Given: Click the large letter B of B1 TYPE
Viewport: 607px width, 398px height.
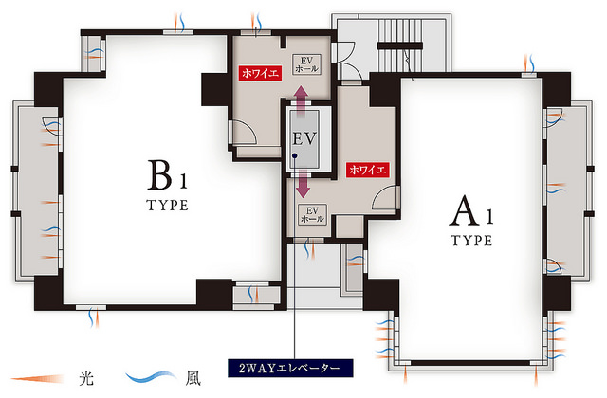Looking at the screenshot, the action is pyautogui.click(x=159, y=174).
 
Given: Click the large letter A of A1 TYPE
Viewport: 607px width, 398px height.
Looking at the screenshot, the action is pyautogui.click(x=465, y=210).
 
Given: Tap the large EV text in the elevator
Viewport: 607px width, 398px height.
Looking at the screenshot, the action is pyautogui.click(x=304, y=139).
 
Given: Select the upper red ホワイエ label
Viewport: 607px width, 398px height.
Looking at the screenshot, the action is pyautogui.click(x=260, y=73).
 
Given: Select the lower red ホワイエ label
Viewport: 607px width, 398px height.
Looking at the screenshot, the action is pyautogui.click(x=367, y=170).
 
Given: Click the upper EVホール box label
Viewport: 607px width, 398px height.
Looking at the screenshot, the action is pyautogui.click(x=306, y=64).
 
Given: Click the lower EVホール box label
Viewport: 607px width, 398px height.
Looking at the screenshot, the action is pyautogui.click(x=312, y=215).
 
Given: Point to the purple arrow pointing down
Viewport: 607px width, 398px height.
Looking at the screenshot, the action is pyautogui.click(x=303, y=184).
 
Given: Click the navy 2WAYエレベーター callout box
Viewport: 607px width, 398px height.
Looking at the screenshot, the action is pyautogui.click(x=290, y=368).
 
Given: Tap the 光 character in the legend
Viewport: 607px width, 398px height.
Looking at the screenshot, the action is pyautogui.click(x=86, y=378).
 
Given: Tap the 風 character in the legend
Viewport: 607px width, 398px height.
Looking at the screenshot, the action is pyautogui.click(x=193, y=378).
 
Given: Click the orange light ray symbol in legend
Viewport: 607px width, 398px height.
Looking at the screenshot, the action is pyautogui.click(x=38, y=379).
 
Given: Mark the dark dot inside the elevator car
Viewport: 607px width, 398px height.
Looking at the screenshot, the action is pyautogui.click(x=295, y=155).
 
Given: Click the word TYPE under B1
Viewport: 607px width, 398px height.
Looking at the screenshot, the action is pyautogui.click(x=168, y=205).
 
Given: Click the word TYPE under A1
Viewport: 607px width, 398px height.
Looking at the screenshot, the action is pyautogui.click(x=472, y=241).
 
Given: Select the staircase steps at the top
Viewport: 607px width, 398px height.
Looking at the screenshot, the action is pyautogui.click(x=400, y=45).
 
